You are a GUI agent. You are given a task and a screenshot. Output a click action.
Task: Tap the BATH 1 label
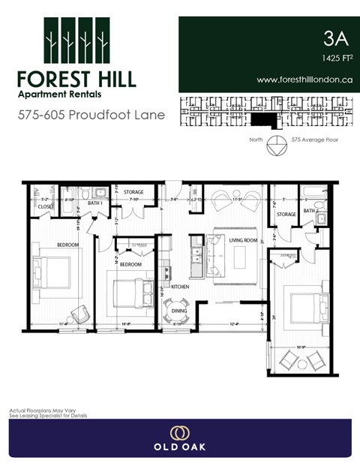[x=95, y=203]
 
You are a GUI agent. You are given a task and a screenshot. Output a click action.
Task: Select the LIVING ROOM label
[x=243, y=241]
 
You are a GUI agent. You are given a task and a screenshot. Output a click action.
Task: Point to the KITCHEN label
[x=180, y=287]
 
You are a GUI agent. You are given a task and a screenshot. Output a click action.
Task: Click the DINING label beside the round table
[x=180, y=310]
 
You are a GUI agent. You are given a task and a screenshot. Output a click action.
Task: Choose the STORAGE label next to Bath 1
[x=134, y=193]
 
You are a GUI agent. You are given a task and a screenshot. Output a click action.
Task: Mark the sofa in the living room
[x=214, y=256]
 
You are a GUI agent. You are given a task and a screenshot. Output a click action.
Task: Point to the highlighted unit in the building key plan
[x=262, y=119]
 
